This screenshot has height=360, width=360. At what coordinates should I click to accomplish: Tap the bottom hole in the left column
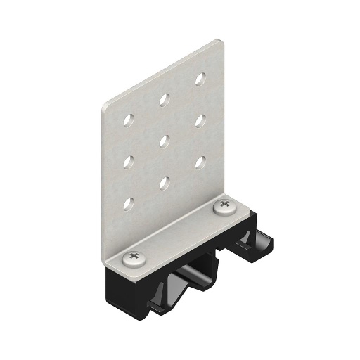pos(129,203)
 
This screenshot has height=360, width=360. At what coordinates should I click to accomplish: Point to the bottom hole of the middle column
pos(164,182)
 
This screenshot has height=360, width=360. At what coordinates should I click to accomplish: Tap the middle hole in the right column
pos(200,120)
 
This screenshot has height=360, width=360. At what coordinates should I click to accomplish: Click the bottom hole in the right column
pos(200,162)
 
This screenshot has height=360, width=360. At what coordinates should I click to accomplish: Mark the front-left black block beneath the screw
pos(127,288)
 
